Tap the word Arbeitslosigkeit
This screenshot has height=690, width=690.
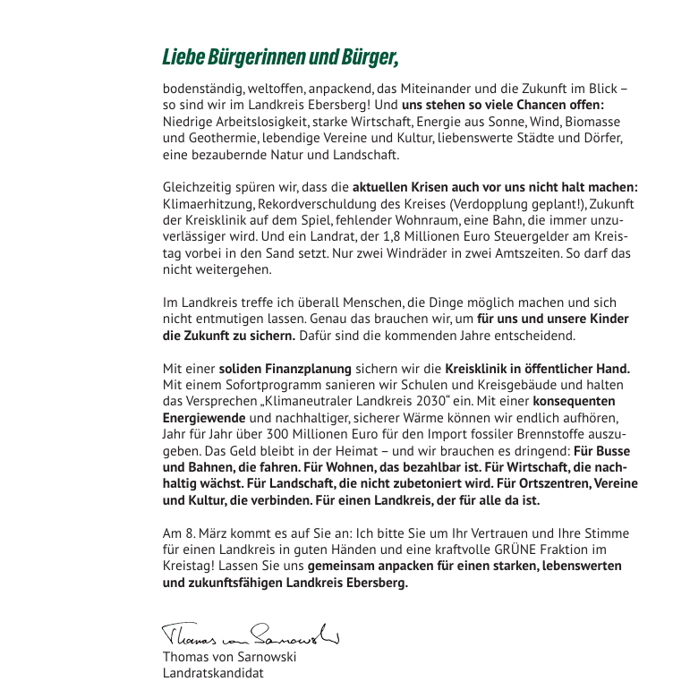point(256,123)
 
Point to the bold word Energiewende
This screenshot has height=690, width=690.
point(204,417)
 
